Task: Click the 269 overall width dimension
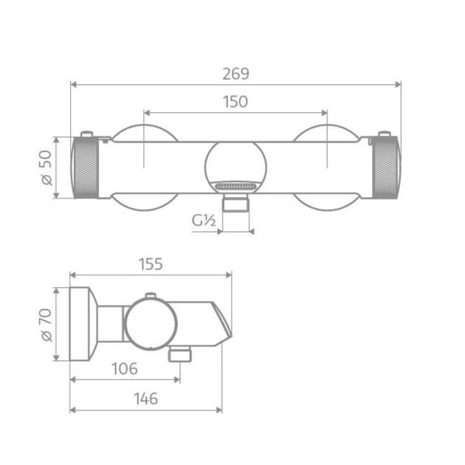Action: pos(235,74)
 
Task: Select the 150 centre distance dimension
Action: pos(235,102)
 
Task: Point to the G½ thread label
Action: pos(204,221)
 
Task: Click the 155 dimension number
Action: pos(150,263)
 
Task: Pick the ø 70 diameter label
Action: pos(46,325)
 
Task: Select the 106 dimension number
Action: pos(123,368)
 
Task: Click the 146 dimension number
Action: pos(146,399)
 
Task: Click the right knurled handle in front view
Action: pos(386,168)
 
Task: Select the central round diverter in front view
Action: pos(235,164)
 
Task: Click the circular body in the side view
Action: pos(152,325)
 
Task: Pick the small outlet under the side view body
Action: pos(179,356)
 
